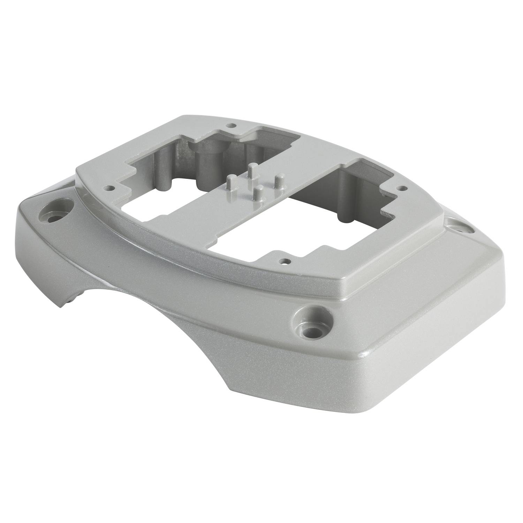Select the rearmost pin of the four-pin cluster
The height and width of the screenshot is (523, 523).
coord(253,170)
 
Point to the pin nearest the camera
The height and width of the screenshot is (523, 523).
coord(258,194)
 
